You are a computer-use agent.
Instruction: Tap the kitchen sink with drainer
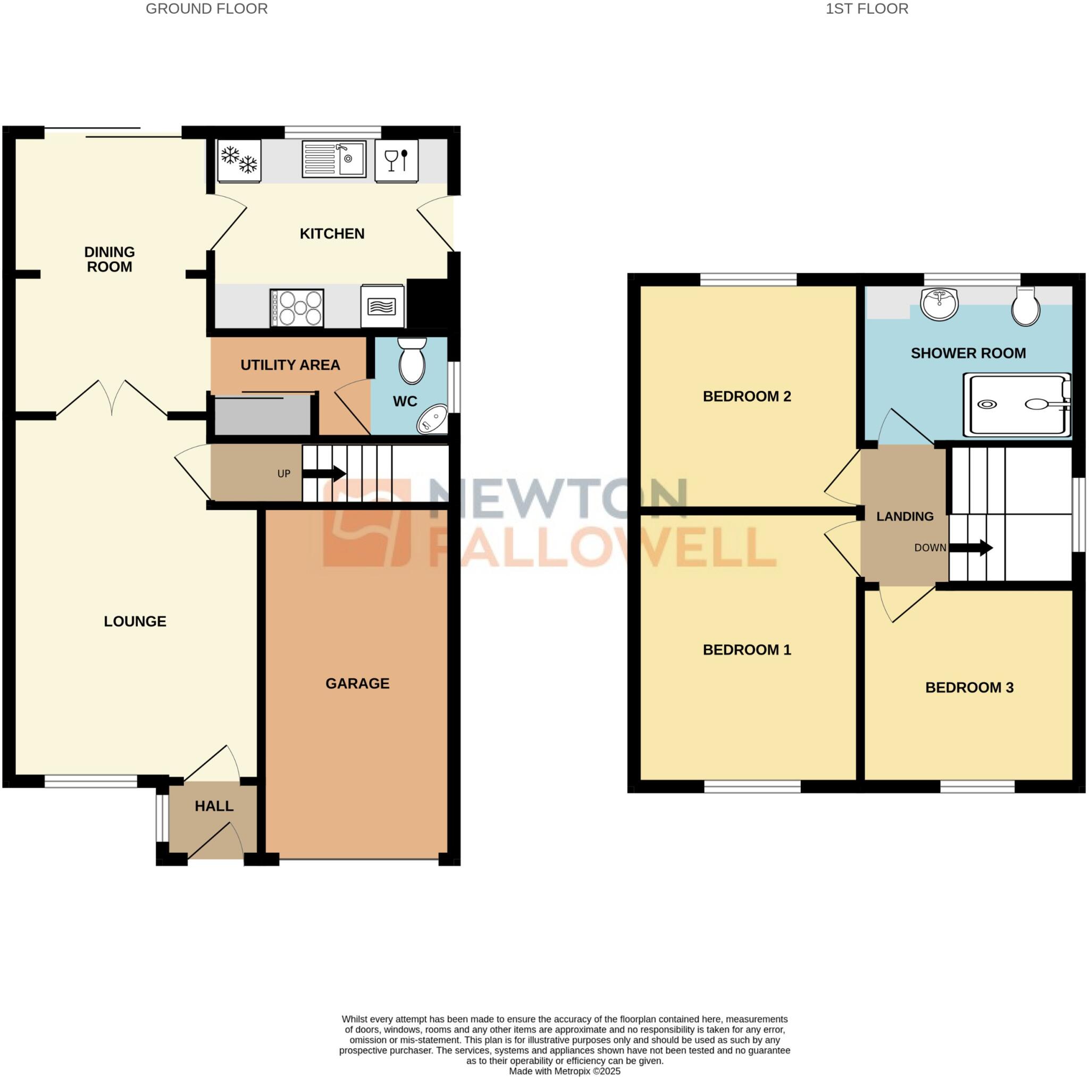pos(334,159)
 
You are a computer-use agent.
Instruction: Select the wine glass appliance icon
pos(396,161)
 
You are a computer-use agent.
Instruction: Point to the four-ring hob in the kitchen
pos(297,308)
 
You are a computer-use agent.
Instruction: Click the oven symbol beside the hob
pos(382,306)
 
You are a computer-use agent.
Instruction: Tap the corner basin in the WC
pos(432,420)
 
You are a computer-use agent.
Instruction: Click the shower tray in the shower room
pos(1017,405)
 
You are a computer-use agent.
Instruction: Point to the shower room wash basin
pos(939,304)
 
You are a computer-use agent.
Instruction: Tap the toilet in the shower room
pos(1025,307)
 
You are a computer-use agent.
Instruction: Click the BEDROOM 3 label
pos(969,687)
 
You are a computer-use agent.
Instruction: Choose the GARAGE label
pos(357,684)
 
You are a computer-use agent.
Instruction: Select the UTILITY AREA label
pos(290,365)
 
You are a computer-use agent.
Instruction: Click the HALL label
pos(214,806)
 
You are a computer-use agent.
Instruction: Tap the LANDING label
pos(904,516)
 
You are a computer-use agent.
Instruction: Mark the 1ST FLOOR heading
pos(867,9)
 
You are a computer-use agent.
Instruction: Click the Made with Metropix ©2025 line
pos(564,1071)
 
